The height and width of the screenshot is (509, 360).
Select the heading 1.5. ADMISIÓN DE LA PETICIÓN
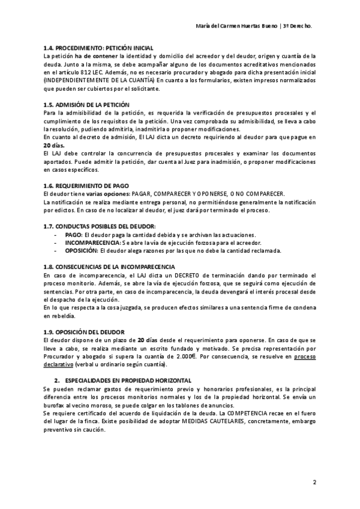point(86,104)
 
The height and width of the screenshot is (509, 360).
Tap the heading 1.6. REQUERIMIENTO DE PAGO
point(90,186)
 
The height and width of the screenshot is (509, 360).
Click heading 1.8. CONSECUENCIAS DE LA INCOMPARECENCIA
point(109,266)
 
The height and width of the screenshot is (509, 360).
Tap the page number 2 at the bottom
point(315,482)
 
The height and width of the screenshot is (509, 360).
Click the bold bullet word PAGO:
point(73,234)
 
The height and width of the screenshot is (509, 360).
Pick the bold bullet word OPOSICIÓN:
point(81,250)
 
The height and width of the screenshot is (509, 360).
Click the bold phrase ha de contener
point(94,56)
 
